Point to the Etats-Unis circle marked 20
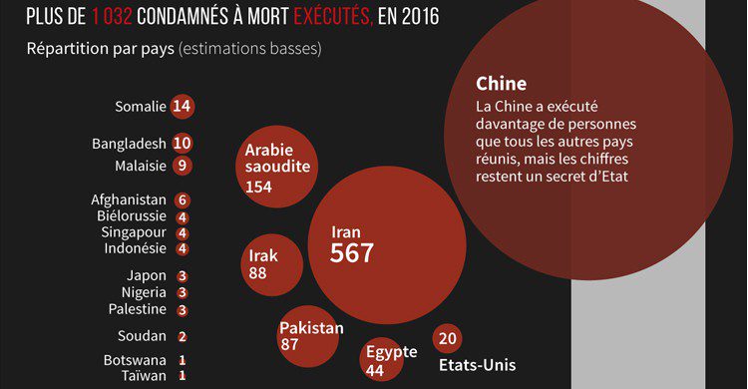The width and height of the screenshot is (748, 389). tap(447, 338)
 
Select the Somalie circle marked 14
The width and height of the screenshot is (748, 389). tap(182, 106)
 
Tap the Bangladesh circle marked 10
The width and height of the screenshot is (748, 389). tap(182, 144)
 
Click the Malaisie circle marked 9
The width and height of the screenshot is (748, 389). tap(182, 165)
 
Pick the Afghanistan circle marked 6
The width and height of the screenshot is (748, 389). tap(182, 199)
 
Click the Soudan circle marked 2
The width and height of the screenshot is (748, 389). tap(182, 336)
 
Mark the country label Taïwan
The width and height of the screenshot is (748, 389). tap(143, 376)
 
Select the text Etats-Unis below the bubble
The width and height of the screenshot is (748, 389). tap(477, 364)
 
